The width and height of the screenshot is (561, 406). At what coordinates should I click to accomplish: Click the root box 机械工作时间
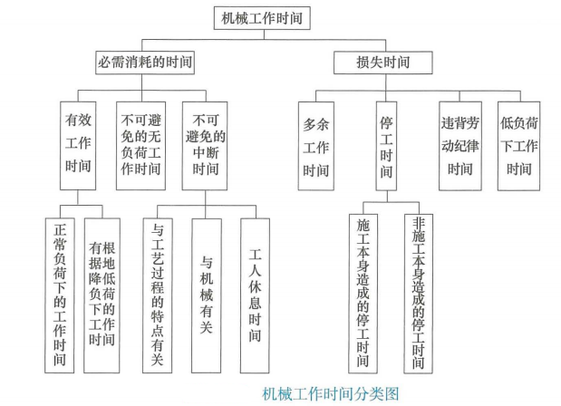click(262, 18)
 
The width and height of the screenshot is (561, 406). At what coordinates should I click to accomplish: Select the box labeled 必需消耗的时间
click(145, 63)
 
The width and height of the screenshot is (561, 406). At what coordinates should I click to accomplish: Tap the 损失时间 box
click(382, 63)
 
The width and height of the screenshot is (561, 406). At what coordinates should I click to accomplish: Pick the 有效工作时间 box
click(78, 146)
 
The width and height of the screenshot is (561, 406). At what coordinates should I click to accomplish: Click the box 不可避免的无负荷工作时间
click(140, 146)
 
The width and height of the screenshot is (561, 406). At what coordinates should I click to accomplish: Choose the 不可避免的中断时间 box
click(205, 146)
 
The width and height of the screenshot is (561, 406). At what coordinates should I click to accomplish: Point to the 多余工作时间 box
click(316, 146)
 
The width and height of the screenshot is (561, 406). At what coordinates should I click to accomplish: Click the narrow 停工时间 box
click(386, 146)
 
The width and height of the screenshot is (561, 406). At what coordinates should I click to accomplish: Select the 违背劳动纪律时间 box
click(460, 146)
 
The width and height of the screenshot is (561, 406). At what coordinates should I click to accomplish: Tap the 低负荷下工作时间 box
click(518, 146)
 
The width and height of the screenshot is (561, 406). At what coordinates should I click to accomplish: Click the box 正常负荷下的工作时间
click(60, 295)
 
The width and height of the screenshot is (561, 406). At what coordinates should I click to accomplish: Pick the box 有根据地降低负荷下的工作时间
click(102, 295)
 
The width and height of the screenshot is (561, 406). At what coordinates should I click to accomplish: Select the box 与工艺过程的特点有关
click(158, 295)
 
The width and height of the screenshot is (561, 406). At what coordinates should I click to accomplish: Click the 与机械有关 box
click(207, 295)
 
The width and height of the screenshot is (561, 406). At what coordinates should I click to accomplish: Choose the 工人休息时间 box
click(255, 295)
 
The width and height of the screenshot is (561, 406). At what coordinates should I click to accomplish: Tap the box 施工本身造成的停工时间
click(363, 294)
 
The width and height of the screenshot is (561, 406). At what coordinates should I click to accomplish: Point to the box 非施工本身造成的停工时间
click(419, 294)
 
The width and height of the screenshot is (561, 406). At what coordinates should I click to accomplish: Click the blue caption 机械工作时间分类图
click(331, 394)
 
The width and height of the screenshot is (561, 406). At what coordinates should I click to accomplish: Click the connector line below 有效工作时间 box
click(78, 198)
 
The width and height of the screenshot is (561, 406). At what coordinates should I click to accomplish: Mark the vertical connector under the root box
click(264, 34)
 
